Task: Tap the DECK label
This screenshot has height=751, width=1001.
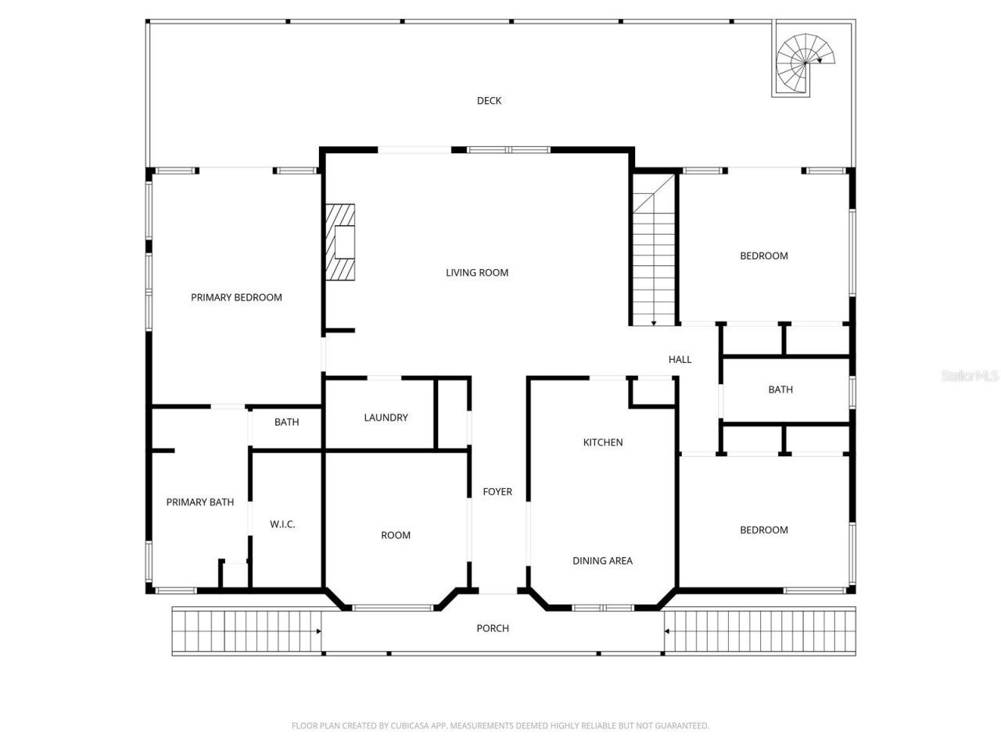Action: [x=489, y=100]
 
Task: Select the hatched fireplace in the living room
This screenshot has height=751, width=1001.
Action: [x=340, y=242]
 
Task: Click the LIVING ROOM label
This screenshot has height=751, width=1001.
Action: [x=477, y=272]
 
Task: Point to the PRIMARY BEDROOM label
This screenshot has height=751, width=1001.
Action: [x=236, y=297]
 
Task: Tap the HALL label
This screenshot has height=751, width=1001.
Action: [x=680, y=359]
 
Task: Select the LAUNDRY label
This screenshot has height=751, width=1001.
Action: [x=386, y=418]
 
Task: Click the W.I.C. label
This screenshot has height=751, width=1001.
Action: [x=282, y=524]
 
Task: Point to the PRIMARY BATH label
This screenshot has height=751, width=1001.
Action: [x=199, y=502]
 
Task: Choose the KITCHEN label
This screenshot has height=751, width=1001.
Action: [x=603, y=442]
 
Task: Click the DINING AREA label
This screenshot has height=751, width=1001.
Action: [x=602, y=560]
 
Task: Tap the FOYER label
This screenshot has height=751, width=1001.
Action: [x=497, y=491]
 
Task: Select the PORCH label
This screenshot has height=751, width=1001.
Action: [x=493, y=628]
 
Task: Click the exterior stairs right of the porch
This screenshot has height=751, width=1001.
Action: [x=759, y=631]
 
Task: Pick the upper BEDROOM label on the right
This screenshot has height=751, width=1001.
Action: [x=764, y=256]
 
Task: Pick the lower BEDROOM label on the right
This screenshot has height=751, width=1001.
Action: [x=764, y=530]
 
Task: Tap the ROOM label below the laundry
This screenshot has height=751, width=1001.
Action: [x=396, y=535]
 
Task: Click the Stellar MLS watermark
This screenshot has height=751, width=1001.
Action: [x=970, y=376]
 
